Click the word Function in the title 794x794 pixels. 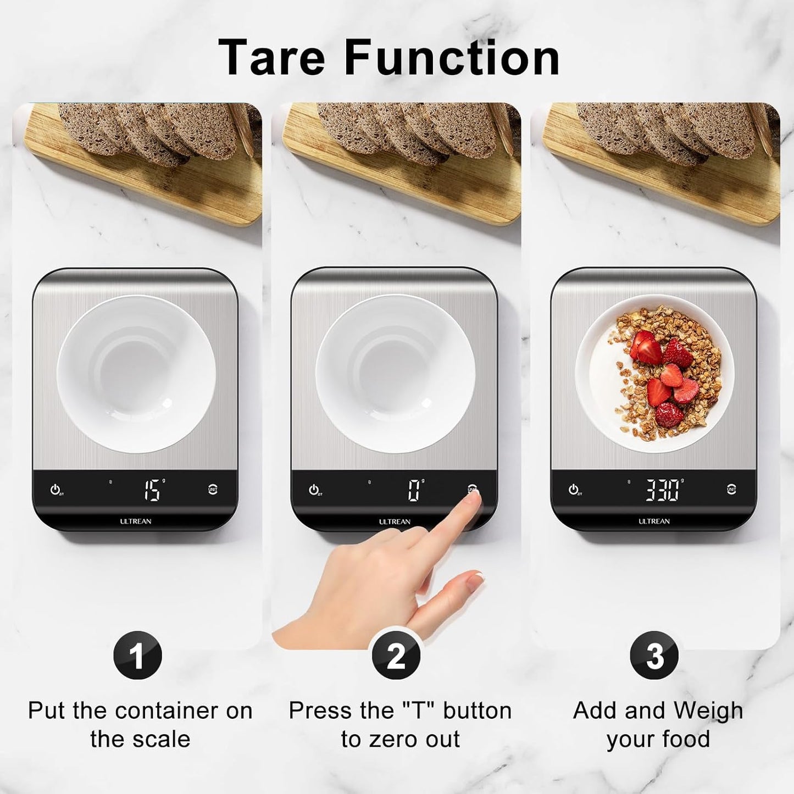pos(452,57)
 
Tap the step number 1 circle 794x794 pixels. pos(137,655)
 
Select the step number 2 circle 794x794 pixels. pos(396,655)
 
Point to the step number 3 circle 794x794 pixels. pos(654,655)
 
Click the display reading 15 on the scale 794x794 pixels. pos(152,490)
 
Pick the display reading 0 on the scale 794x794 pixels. pos(414,490)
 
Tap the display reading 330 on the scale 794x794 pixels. pos(662,490)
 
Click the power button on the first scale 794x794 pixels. pos(55,489)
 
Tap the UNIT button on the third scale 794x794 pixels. pos(731,489)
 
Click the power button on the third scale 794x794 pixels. pos(573,489)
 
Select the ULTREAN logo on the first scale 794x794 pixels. pos(136,521)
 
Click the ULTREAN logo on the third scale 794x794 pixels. pos(654,521)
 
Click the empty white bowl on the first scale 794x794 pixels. pos(136,374)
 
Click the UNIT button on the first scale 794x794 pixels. pos(213,489)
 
